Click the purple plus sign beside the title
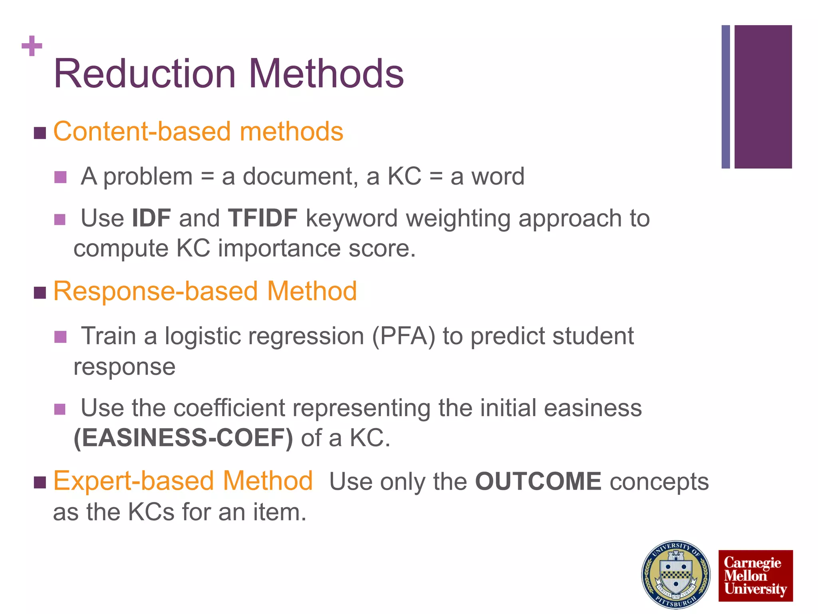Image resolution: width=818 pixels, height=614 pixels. point(32,46)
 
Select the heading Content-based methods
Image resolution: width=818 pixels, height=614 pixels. point(198,132)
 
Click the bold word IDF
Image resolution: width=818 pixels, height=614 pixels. point(151,218)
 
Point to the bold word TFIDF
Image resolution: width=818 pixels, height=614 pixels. point(262,218)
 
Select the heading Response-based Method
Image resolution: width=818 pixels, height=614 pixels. point(205,291)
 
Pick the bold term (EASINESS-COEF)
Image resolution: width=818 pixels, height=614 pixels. point(183,438)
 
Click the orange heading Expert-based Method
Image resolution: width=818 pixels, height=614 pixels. point(183,480)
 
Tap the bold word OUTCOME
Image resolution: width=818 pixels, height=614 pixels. point(538,481)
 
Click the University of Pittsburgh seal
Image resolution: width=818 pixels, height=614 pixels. point(676,574)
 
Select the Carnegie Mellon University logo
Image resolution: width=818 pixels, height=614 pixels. point(755,576)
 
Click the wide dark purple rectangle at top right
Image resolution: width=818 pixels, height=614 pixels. point(763,97)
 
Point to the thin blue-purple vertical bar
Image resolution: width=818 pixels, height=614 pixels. point(726,97)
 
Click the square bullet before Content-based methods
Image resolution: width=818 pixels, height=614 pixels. point(40,133)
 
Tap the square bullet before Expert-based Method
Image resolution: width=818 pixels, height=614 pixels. point(40,482)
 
